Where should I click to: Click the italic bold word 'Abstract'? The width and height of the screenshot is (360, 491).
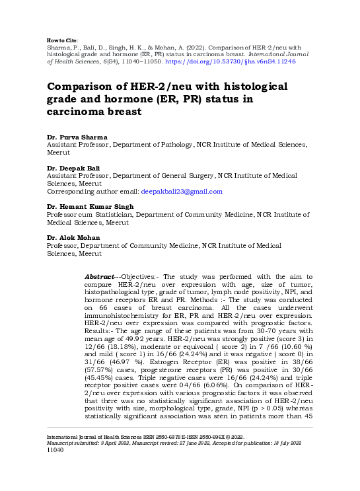(x=102, y=275)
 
